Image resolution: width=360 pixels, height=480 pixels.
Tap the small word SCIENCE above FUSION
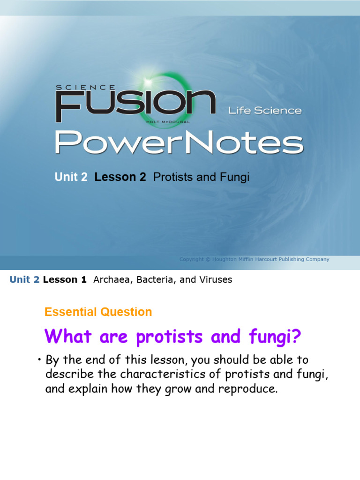coord(85,87)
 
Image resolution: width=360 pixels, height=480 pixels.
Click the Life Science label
coord(265,111)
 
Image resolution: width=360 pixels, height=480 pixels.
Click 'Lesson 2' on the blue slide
coord(120,177)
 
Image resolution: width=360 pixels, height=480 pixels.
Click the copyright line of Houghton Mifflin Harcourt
coord(254,259)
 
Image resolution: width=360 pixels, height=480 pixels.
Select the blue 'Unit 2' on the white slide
coord(24,280)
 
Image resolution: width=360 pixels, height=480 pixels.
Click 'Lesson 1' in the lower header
coord(65,280)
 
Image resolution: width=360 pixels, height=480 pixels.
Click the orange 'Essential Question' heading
coord(98,312)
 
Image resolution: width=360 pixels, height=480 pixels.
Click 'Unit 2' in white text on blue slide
coord(71,177)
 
